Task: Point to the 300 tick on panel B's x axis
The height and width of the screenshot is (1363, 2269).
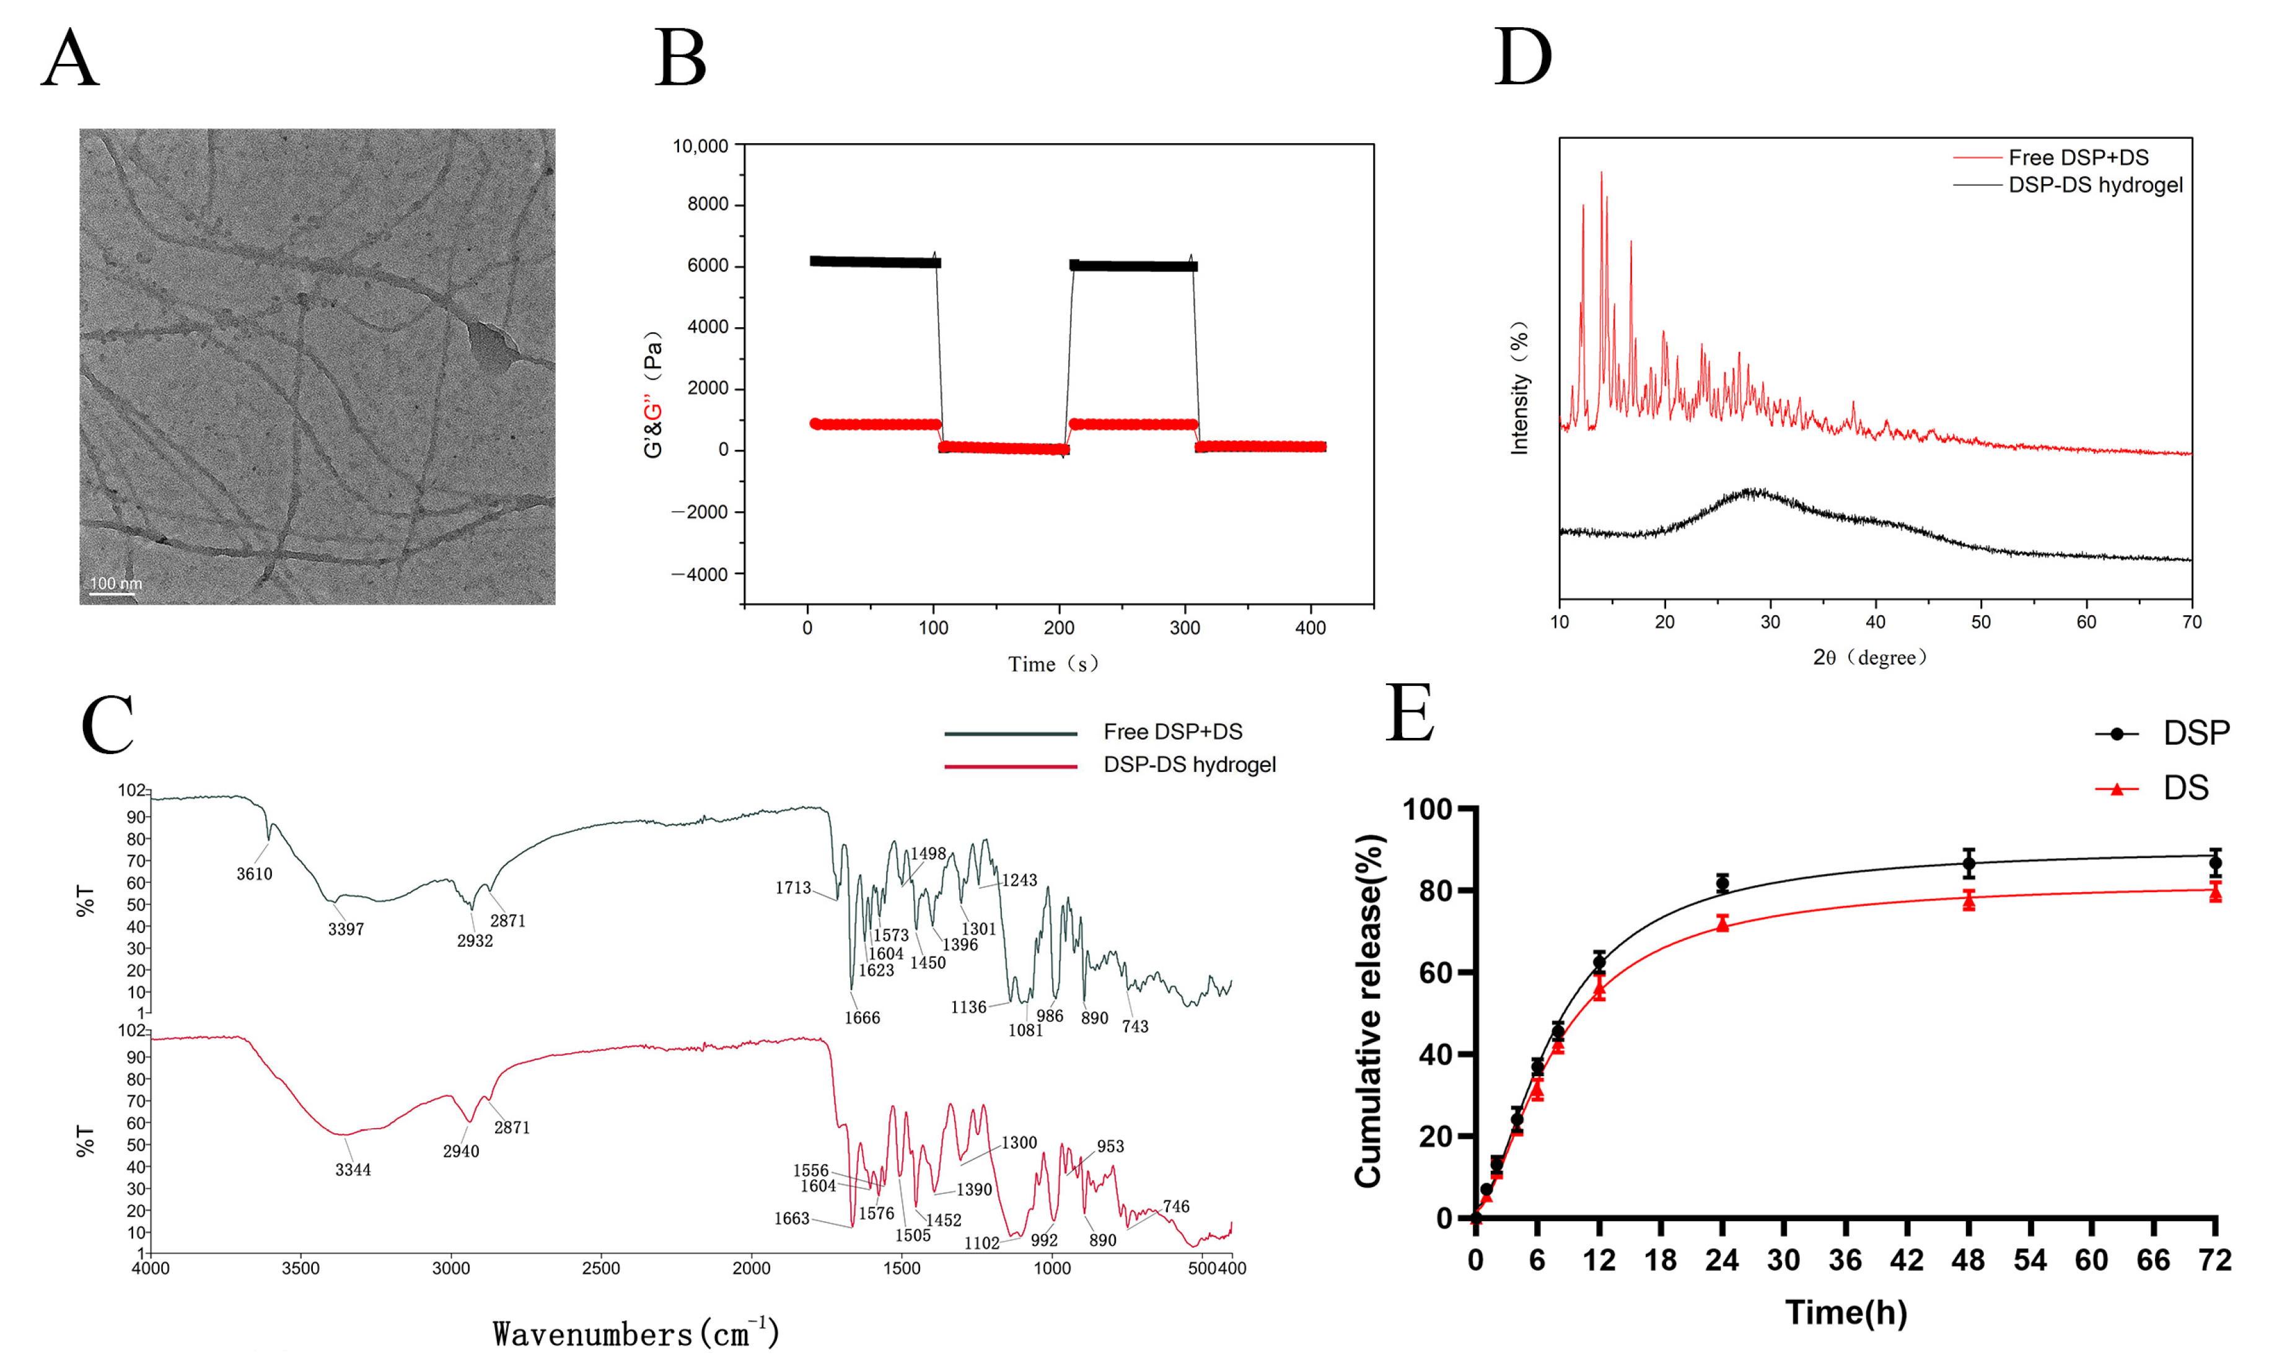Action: pos(1185,628)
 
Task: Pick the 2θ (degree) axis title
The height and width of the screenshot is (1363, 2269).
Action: pos(1869,657)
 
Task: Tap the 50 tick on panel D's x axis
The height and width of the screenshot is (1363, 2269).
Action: pos(1981,623)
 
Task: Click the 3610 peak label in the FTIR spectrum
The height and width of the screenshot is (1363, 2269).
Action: pos(255,874)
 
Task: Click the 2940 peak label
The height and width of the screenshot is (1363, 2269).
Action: pos(461,1152)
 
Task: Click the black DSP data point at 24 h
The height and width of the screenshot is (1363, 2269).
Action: pos(1722,883)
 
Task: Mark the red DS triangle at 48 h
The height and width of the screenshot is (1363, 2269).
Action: pos(1968,901)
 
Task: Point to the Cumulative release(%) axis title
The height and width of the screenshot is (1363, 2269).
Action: pos(1368,1010)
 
